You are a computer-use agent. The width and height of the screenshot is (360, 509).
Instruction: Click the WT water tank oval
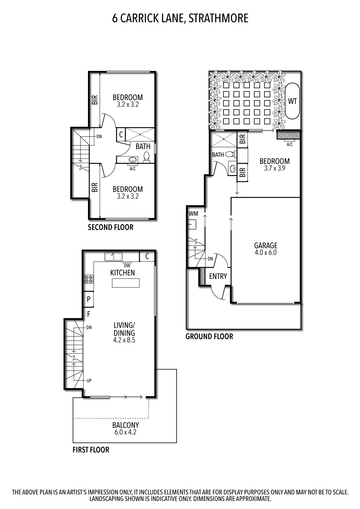(292, 101)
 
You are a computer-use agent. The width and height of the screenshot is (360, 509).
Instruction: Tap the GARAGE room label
(266, 245)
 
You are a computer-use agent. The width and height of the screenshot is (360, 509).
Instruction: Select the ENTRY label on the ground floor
(218, 276)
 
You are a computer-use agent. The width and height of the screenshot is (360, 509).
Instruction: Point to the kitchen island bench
(126, 283)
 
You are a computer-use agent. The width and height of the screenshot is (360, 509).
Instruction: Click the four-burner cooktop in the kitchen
(89, 279)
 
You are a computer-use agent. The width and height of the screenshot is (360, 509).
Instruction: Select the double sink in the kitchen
(113, 256)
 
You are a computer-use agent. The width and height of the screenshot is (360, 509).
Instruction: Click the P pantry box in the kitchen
(89, 299)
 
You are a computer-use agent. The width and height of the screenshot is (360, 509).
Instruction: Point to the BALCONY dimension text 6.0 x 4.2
(125, 432)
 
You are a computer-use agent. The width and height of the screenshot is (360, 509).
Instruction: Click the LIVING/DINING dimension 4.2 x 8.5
(124, 340)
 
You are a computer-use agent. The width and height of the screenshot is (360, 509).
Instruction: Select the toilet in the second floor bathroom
(147, 157)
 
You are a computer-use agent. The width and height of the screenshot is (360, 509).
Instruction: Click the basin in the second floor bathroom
(132, 159)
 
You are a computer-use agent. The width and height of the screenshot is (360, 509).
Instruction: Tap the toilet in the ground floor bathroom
(230, 154)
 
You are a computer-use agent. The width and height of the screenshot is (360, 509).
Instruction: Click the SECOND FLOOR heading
(110, 227)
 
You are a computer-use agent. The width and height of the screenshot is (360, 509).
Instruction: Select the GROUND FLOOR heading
(209, 337)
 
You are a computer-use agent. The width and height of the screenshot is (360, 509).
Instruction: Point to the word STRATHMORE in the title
(218, 18)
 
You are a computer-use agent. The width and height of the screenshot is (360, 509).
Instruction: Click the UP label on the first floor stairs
(89, 381)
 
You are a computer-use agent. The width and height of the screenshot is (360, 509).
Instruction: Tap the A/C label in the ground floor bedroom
(290, 144)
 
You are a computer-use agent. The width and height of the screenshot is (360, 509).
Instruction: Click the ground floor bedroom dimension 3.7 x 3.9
(274, 168)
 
